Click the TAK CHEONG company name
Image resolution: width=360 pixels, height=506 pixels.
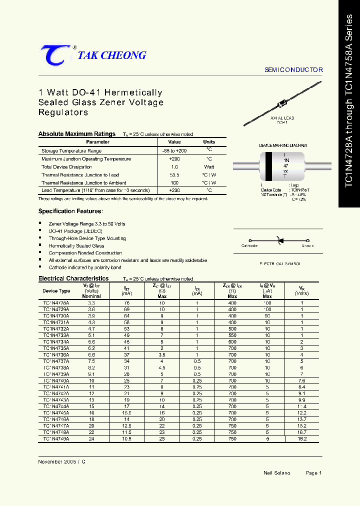[112, 55]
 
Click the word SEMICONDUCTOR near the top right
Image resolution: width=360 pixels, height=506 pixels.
[293, 70]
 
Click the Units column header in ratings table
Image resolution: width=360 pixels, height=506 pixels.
[209, 142]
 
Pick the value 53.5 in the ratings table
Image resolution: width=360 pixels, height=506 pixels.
[174, 175]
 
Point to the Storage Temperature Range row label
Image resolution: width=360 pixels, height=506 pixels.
[71, 150]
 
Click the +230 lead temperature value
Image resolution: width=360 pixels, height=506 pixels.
[174, 190]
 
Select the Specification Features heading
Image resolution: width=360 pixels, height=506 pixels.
[70, 211]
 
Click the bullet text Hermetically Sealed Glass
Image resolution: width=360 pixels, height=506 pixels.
[76, 246]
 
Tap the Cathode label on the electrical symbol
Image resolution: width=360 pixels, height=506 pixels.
[249, 245]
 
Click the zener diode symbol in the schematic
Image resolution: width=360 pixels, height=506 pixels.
[280, 241]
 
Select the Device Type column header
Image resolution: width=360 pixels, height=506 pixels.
[56, 290]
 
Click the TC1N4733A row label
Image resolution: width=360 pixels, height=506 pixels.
[56, 335]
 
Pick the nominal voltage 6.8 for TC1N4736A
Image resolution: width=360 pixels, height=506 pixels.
[91, 355]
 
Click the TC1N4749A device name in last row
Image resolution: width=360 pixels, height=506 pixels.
[56, 438]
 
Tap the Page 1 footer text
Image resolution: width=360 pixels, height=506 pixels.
[313, 472]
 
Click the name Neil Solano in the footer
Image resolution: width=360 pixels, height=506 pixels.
[276, 472]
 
